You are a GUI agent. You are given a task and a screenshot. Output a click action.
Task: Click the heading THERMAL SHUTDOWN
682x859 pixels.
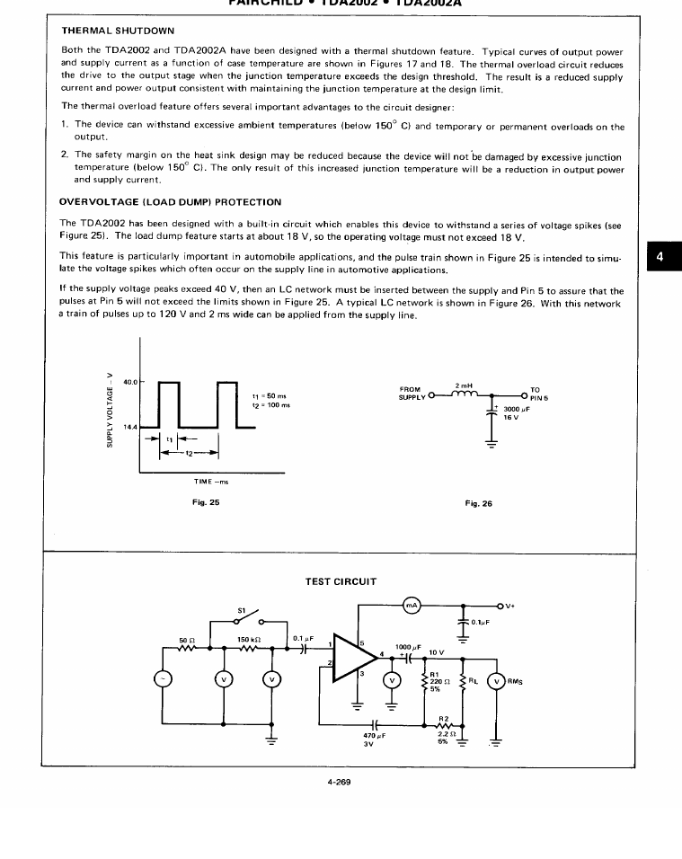click(118, 31)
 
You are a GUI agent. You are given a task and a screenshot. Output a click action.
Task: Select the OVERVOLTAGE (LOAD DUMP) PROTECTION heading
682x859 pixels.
click(170, 202)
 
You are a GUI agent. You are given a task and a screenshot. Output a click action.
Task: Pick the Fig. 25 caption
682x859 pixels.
click(207, 502)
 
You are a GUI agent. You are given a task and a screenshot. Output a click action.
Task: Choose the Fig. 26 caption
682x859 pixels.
click(478, 503)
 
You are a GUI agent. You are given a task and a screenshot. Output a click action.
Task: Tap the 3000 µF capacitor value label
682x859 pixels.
click(517, 410)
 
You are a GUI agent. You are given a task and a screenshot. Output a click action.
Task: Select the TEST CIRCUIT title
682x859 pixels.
click(341, 581)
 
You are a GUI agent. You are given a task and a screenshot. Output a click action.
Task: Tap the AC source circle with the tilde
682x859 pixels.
click(163, 679)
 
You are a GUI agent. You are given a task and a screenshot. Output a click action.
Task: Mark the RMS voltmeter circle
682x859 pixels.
click(495, 679)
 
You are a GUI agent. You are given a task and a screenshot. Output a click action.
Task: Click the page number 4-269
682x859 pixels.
click(339, 782)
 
